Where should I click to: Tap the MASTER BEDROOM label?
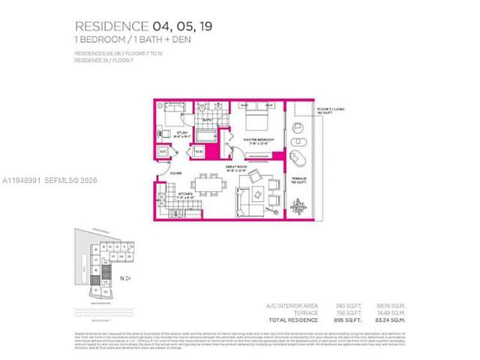(258, 139)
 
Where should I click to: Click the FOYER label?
(175, 172)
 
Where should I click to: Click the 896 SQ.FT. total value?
(344, 319)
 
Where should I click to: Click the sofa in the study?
(174, 109)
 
